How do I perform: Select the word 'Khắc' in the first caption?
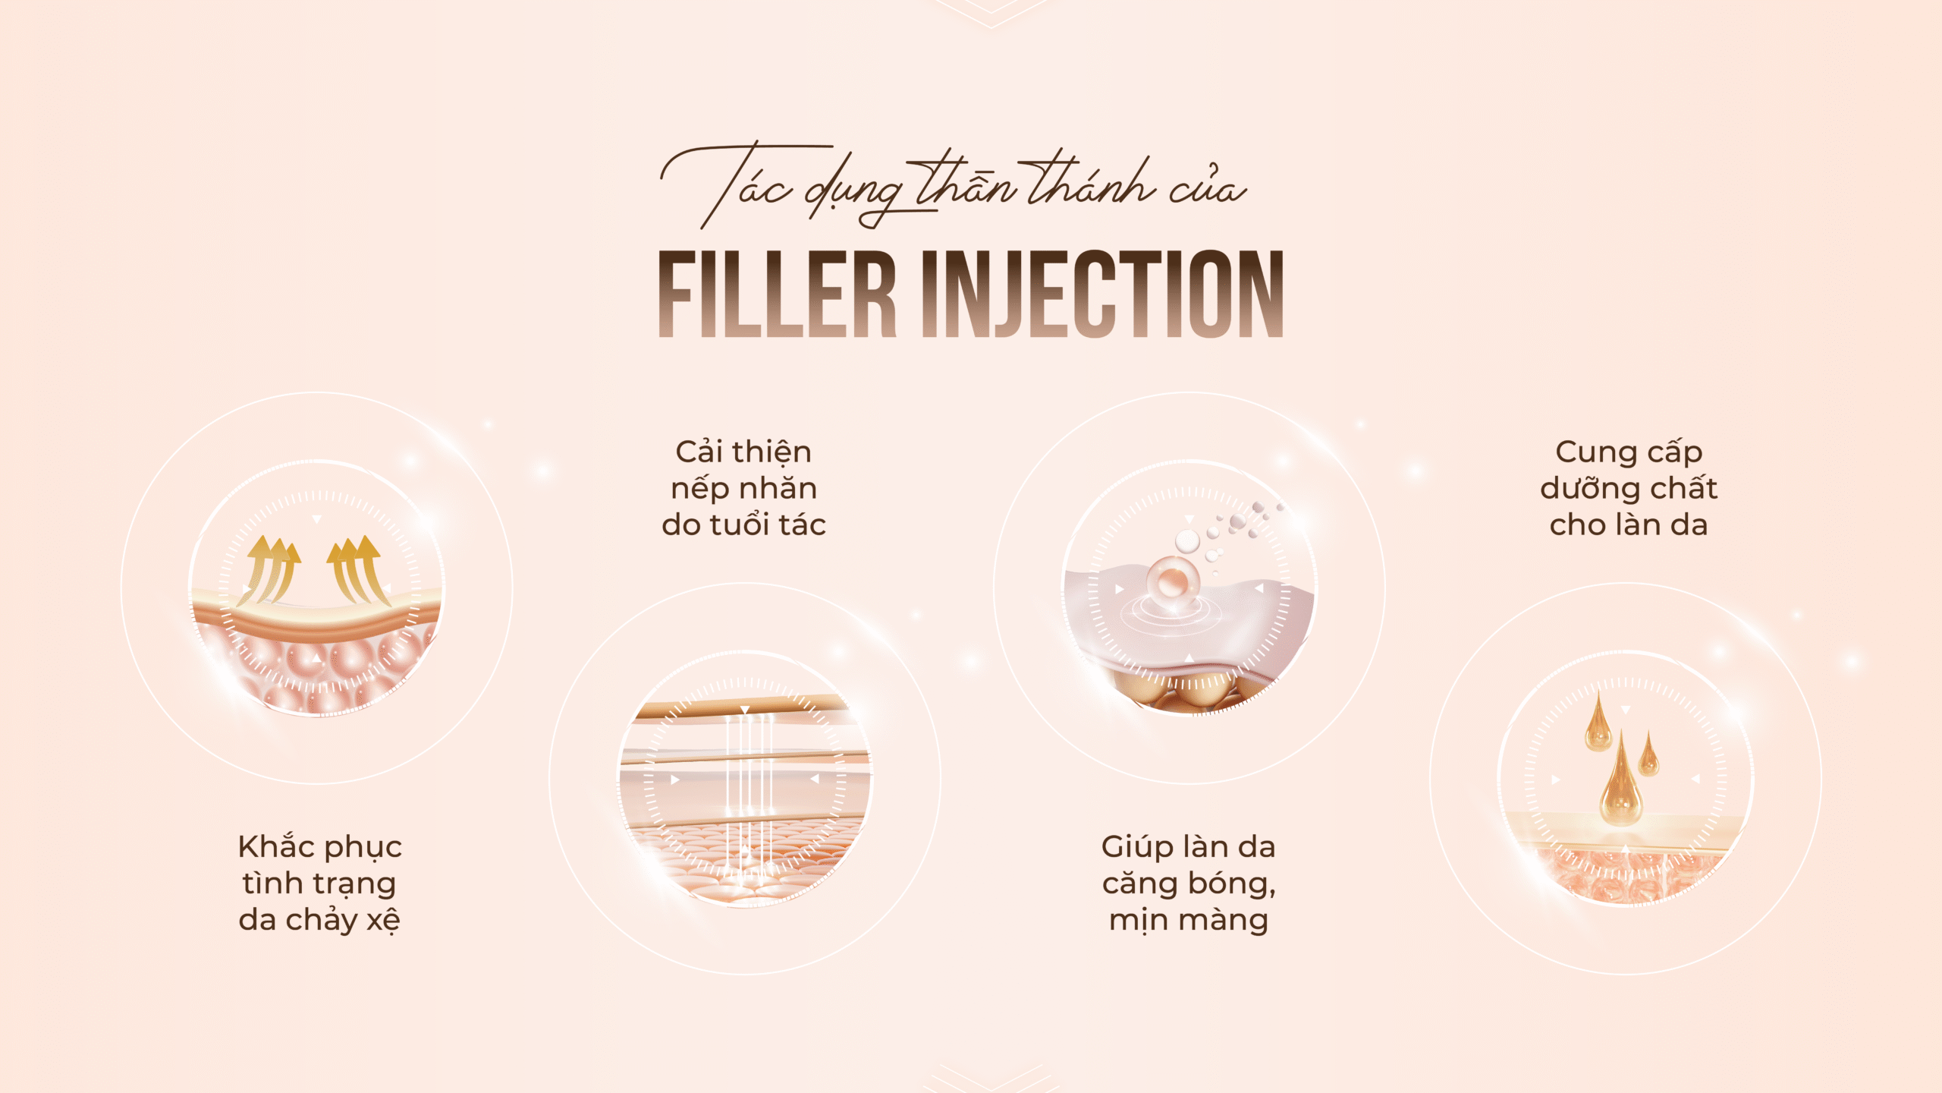click(x=278, y=846)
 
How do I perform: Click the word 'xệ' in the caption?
click(x=383, y=920)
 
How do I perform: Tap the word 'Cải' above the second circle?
click(x=699, y=452)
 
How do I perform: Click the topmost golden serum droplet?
click(x=1598, y=722)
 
